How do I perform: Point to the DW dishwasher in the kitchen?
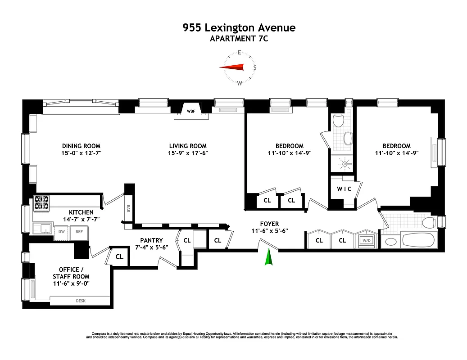(61, 232)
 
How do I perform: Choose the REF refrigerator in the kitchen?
(79, 232)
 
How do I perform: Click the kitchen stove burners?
(41, 203)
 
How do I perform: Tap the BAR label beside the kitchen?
(128, 208)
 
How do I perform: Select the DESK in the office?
(80, 301)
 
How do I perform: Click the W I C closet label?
(344, 189)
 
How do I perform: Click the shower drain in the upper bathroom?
(345, 164)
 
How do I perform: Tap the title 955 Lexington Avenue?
(239, 28)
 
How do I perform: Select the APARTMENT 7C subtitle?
(239, 39)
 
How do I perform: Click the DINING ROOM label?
(81, 146)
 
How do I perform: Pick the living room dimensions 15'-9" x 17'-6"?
(188, 153)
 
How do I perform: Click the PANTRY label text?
(151, 240)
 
